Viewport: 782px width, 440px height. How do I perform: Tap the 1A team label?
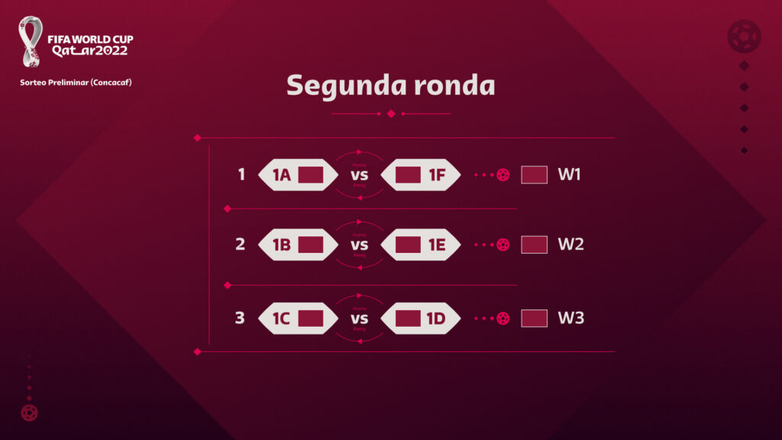pyautogui.click(x=282, y=175)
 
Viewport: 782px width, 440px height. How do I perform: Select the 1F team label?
pyautogui.click(x=437, y=175)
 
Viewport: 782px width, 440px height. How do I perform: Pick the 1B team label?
pyautogui.click(x=282, y=245)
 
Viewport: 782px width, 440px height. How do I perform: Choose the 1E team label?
pyautogui.click(x=437, y=245)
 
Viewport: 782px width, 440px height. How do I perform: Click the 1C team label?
pyautogui.click(x=282, y=319)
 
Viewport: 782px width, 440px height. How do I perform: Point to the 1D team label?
pyautogui.click(x=437, y=319)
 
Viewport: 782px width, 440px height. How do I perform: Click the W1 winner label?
pyautogui.click(x=570, y=175)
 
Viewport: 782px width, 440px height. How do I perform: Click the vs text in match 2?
pyautogui.click(x=359, y=245)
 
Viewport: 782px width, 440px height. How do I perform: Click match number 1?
pyautogui.click(x=241, y=175)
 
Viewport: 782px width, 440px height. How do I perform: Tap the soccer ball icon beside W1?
pyautogui.click(x=502, y=175)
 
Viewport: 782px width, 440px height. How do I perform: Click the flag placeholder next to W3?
pyautogui.click(x=534, y=318)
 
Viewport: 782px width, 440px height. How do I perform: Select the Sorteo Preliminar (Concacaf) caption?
pyautogui.click(x=76, y=82)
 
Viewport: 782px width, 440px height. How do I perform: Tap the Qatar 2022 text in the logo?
pyautogui.click(x=89, y=50)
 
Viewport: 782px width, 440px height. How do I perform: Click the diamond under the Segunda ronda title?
pyautogui.click(x=391, y=114)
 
